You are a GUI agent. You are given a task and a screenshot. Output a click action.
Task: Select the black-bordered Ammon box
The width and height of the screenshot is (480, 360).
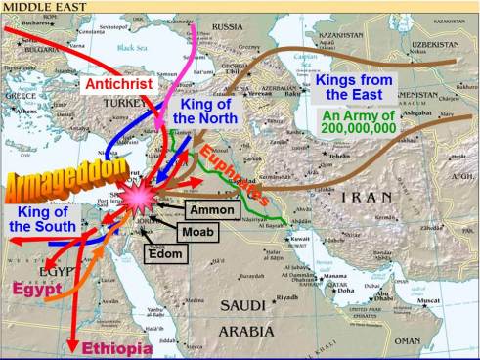coord(209,211)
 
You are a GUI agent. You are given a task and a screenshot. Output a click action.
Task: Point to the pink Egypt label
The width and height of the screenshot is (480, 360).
coord(37,288)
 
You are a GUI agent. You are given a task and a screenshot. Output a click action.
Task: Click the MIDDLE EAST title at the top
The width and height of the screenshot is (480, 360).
coord(39,7)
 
